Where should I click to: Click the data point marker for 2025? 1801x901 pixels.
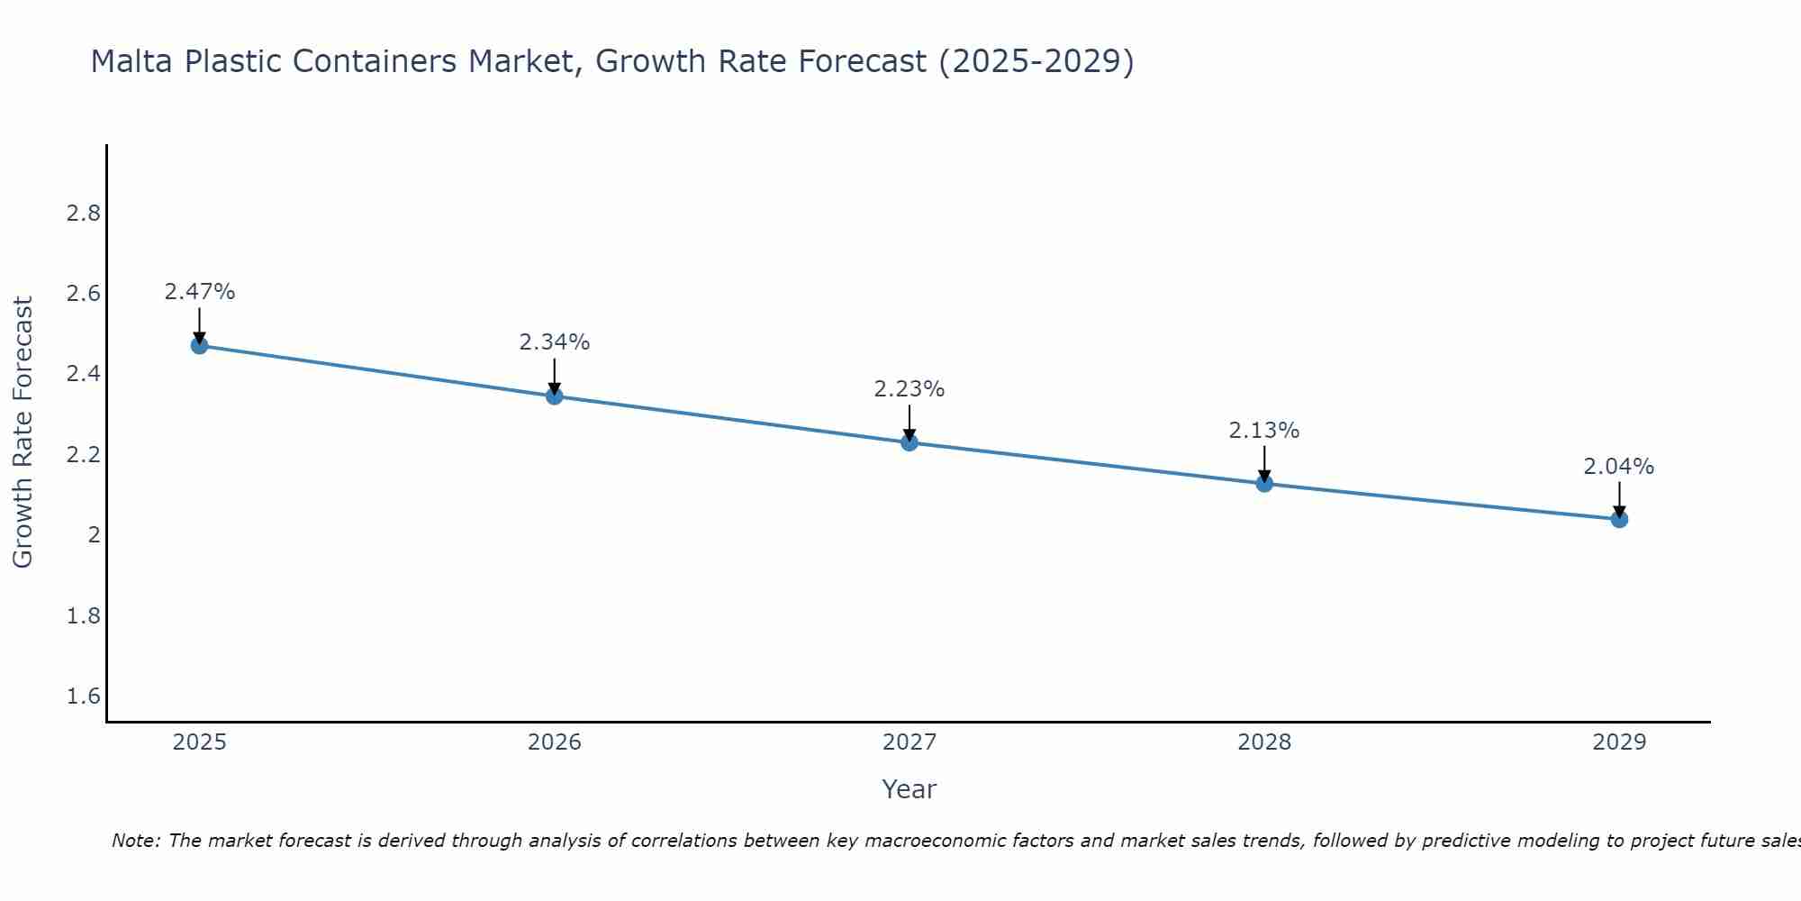pos(200,345)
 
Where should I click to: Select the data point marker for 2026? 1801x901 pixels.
pos(555,396)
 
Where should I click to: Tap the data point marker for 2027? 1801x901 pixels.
pos(910,442)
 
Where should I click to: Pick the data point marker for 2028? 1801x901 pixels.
pos(1264,483)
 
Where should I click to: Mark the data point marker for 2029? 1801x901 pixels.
pos(1619,519)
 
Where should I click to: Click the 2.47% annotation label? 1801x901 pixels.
pos(200,292)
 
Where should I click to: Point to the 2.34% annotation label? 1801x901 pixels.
pos(555,342)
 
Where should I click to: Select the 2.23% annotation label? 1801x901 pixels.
pos(910,389)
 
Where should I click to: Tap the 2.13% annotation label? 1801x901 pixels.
pos(1264,431)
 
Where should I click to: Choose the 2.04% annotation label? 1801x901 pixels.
pos(1619,467)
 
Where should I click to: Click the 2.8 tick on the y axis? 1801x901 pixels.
pos(83,214)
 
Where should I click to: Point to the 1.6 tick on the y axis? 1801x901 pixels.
pos(83,696)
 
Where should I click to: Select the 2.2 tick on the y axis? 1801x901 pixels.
pos(83,455)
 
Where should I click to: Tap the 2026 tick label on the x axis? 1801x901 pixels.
pos(555,742)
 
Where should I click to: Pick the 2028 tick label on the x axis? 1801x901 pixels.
pos(1264,742)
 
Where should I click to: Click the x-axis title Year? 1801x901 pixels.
pos(910,789)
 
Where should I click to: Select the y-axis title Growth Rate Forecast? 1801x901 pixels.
pos(23,432)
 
